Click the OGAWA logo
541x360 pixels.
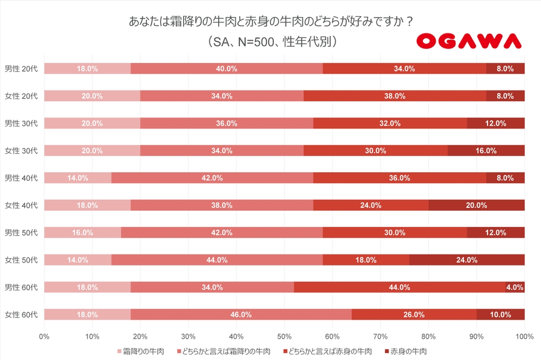pyautogui.click(x=468, y=40)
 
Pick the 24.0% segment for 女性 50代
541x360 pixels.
pyautogui.click(x=467, y=260)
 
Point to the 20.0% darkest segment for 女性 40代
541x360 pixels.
pyautogui.click(x=477, y=205)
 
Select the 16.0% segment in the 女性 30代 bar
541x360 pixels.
pyautogui.click(x=486, y=151)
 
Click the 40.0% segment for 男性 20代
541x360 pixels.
pyautogui.click(x=227, y=69)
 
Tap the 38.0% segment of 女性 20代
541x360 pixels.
pyautogui.click(x=395, y=96)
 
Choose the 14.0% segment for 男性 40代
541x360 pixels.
pyautogui.click(x=78, y=178)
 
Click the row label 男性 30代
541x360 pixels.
pyautogui.click(x=21, y=123)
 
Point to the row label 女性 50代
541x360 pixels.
pyautogui.click(x=21, y=260)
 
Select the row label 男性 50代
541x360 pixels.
pyautogui.click(x=21, y=233)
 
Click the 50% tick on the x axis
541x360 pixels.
pyautogui.click(x=284, y=335)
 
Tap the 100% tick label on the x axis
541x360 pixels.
pyautogui.click(x=524, y=335)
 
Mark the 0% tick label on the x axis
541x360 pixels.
pyautogui.click(x=44, y=335)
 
